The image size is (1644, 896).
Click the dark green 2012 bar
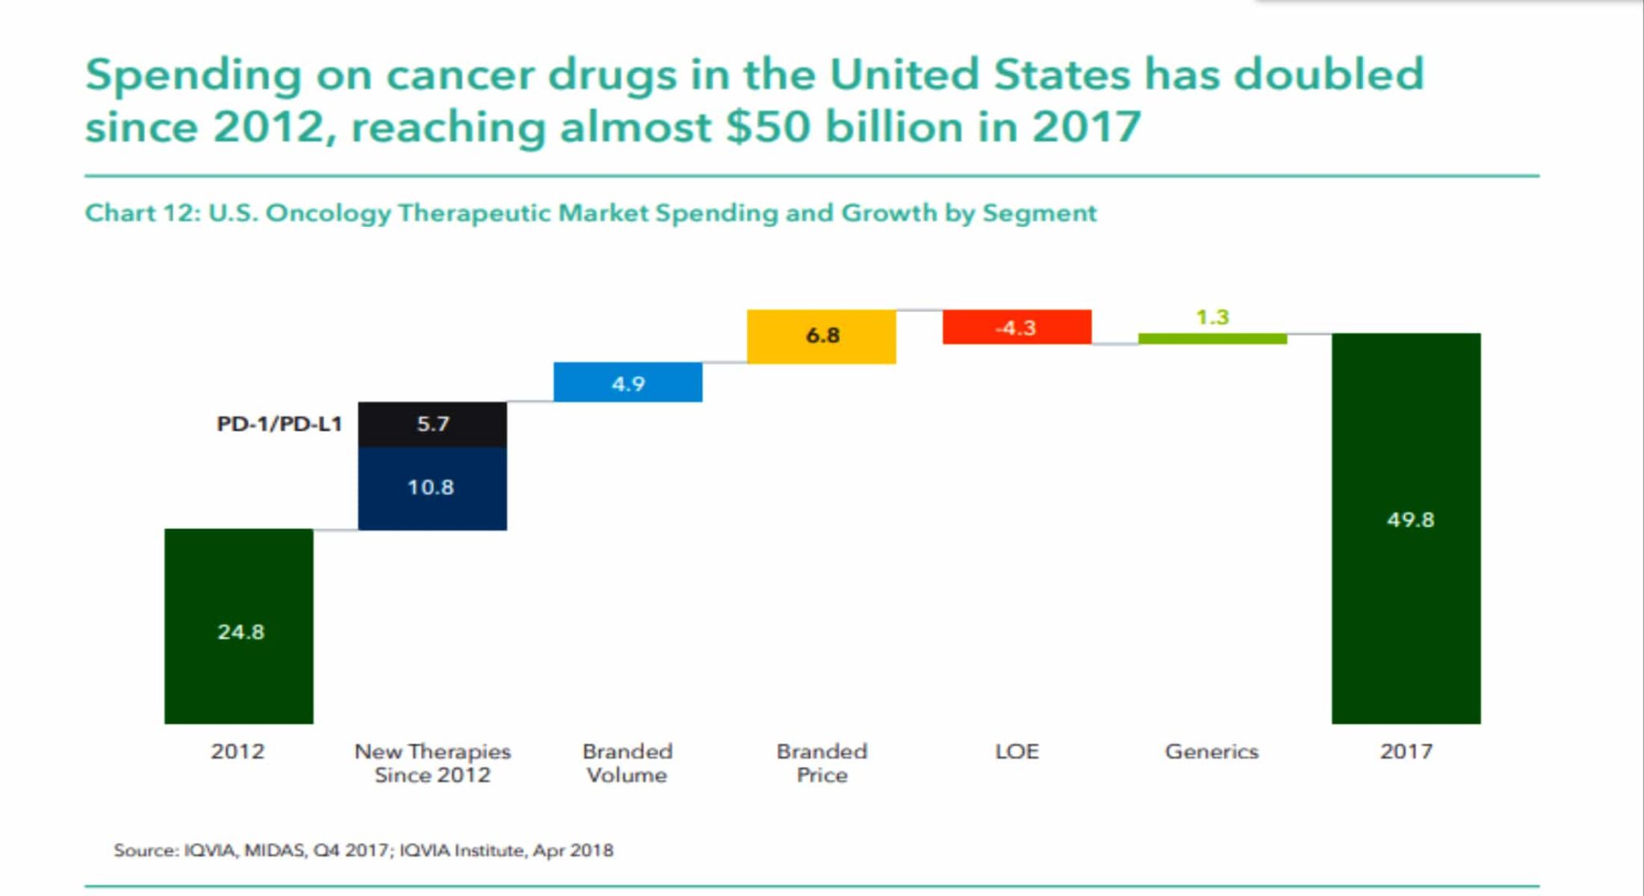click(238, 578)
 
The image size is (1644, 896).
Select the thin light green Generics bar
click(1212, 339)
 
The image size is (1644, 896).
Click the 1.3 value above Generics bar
click(1212, 317)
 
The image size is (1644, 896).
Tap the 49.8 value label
click(1410, 520)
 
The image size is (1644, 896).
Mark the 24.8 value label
click(241, 632)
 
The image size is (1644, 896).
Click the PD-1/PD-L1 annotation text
click(279, 424)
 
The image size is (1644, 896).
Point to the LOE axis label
click(1016, 752)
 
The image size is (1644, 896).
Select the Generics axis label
click(1211, 752)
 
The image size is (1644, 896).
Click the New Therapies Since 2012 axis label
click(432, 763)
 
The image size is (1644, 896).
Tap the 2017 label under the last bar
click(1406, 752)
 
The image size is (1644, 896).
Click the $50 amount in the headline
click(768, 128)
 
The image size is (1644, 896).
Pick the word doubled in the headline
click(1329, 75)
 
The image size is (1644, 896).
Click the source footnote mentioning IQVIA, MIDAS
click(363, 850)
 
